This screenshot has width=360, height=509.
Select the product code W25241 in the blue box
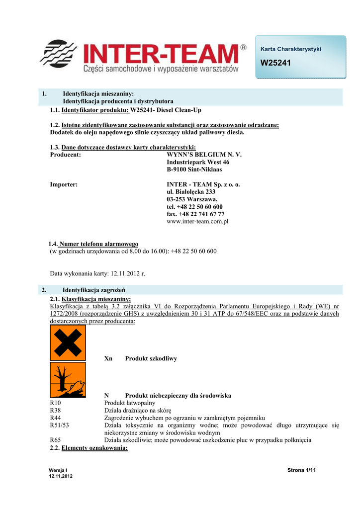click(x=275, y=63)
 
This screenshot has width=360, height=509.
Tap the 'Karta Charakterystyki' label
click(x=291, y=49)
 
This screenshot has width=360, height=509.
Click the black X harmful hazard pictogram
click(x=68, y=342)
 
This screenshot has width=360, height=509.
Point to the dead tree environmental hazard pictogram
click(x=68, y=380)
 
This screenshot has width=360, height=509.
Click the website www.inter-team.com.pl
click(x=197, y=222)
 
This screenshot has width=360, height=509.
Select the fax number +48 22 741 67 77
click(x=195, y=214)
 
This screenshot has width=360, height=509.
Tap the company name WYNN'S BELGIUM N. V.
click(x=204, y=155)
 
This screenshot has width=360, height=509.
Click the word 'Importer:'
click(x=64, y=184)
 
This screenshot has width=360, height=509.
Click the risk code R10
click(x=56, y=403)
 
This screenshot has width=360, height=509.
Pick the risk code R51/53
click(x=60, y=425)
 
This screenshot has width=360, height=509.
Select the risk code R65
click(x=56, y=440)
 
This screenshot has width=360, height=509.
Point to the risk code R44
click(x=56, y=418)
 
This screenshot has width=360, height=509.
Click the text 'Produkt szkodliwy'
click(x=151, y=358)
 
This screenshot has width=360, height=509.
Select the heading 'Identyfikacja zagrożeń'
click(x=93, y=290)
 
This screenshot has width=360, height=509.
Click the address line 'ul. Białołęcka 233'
click(x=191, y=192)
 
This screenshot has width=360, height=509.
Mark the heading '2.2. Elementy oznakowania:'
click(x=89, y=448)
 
